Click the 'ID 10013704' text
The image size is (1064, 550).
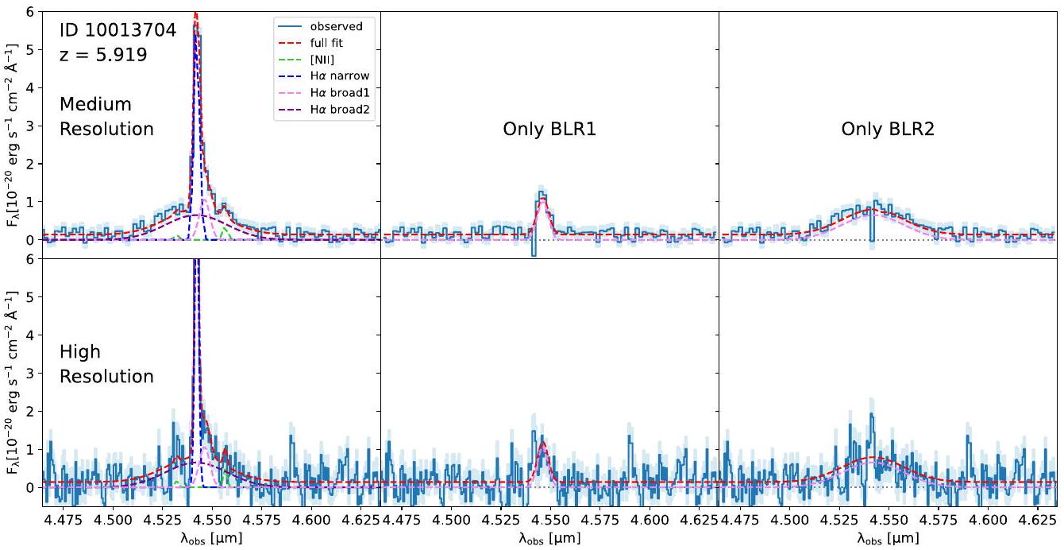click(x=117, y=31)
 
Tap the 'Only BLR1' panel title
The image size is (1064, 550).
click(x=549, y=129)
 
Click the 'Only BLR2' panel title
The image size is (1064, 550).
click(x=888, y=129)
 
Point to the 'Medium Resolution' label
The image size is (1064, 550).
click(x=106, y=116)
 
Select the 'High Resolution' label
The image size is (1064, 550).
click(x=106, y=363)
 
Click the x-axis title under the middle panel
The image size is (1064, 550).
click(x=549, y=539)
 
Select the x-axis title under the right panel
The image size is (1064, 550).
click(x=887, y=539)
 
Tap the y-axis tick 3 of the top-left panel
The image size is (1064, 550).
click(x=30, y=126)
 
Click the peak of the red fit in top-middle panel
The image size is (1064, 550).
click(x=542, y=199)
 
